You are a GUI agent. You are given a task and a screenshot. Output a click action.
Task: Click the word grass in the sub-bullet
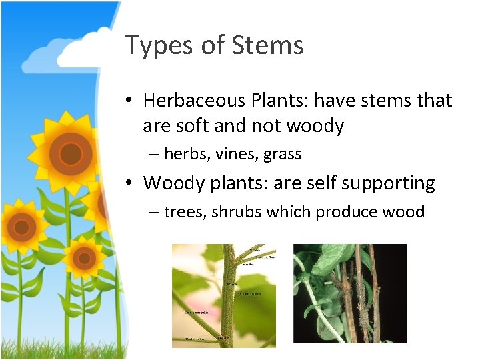[x=283, y=155]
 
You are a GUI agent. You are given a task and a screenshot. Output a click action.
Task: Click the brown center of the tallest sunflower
[x=70, y=154]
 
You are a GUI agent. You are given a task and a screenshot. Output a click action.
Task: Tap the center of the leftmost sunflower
[x=21, y=227]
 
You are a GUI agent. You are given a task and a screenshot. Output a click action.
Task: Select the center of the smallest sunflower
[x=84, y=257]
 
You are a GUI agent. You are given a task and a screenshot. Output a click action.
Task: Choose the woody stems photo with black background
[x=349, y=293]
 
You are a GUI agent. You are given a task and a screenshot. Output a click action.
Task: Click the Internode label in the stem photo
[x=201, y=311]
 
